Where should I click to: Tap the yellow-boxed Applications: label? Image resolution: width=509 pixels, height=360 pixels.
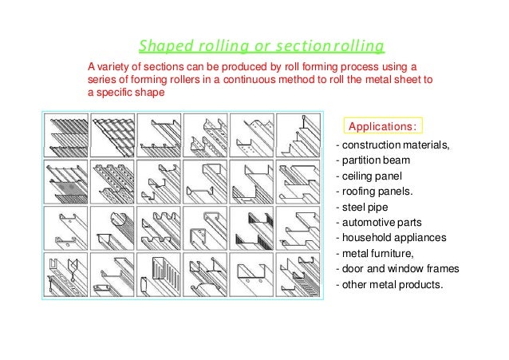tap(383, 126)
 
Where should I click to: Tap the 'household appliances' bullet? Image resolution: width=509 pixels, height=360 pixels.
tap(393, 237)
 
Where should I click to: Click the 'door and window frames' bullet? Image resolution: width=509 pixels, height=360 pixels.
tap(400, 267)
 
